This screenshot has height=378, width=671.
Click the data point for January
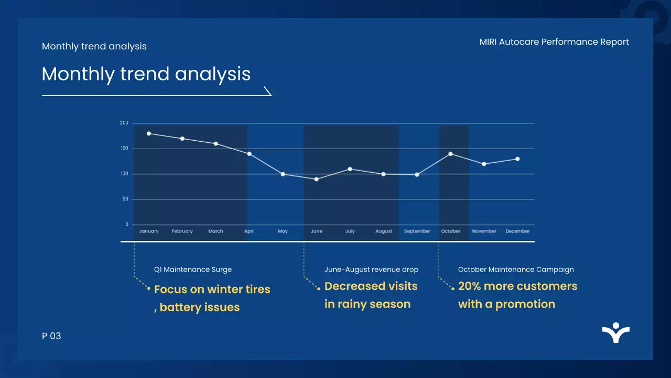point(149,133)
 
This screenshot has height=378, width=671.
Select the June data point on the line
point(317,179)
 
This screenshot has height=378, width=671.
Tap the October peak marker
point(450,154)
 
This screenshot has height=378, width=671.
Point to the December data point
point(517,159)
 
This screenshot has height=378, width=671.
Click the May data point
point(283,174)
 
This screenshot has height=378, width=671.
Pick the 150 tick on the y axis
point(124,149)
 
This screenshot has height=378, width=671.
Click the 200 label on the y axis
point(124,123)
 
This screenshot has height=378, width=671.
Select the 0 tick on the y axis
point(126,225)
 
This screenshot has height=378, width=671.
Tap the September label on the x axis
point(417,231)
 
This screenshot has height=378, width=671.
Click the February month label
point(182,231)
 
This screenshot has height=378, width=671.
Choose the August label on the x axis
point(384,231)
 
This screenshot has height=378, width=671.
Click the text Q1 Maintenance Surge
point(192,269)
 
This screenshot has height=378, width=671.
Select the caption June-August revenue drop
point(371,269)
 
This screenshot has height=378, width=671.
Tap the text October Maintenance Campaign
point(516,269)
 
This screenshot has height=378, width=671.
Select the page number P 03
point(51,336)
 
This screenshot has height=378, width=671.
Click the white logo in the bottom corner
point(616,333)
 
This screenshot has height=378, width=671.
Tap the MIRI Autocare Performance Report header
point(554,42)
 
